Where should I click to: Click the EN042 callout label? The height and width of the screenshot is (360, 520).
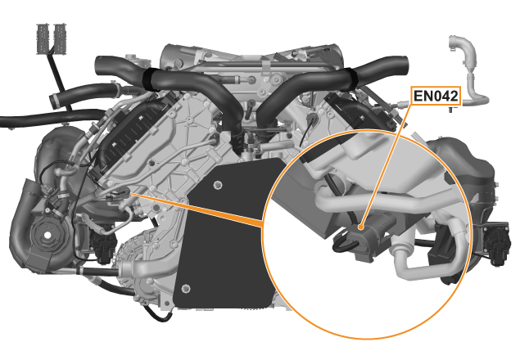tap(436, 96)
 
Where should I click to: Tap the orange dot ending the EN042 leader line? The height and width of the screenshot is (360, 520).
tap(360, 227)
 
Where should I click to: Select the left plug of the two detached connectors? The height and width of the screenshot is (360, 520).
tap(43, 38)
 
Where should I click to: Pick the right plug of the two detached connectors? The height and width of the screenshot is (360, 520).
tap(60, 38)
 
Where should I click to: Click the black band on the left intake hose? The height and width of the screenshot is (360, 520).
tap(150, 79)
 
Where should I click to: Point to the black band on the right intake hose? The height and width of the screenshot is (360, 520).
tap(350, 79)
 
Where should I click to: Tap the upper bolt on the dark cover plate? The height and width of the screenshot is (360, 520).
tap(217, 185)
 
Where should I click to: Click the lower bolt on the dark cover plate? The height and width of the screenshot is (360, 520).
tap(186, 288)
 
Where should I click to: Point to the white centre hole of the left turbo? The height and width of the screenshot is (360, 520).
tap(47, 235)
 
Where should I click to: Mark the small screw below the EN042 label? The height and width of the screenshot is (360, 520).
tap(452, 109)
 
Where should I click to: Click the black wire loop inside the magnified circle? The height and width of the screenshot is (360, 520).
tap(345, 244)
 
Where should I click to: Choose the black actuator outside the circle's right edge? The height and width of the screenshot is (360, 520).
tap(494, 244)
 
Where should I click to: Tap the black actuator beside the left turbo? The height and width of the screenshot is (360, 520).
tap(103, 244)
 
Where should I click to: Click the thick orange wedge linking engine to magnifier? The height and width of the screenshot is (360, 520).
tap(199, 208)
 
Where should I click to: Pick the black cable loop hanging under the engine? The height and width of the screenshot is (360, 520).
tap(159, 315)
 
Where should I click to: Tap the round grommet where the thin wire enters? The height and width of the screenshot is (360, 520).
tap(312, 119)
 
